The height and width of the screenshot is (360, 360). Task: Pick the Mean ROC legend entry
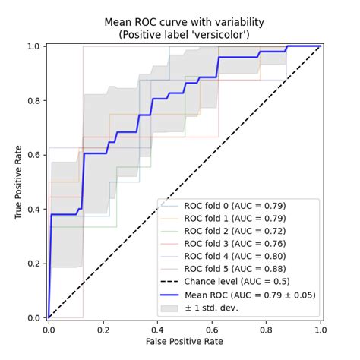tap(248, 295)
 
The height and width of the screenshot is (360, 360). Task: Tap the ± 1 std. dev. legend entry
tap(221, 308)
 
